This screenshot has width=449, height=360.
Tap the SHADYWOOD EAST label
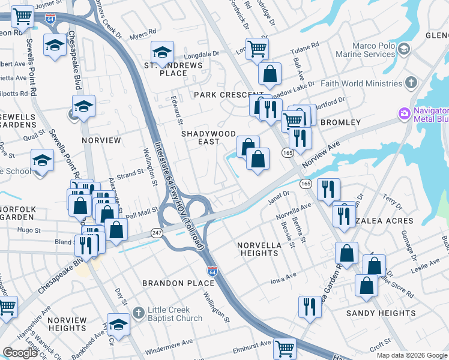click(209, 139)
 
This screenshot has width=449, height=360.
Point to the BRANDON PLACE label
click(170, 283)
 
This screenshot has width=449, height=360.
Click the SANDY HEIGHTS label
click(381, 313)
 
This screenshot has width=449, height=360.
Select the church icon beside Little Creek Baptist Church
click(138, 311)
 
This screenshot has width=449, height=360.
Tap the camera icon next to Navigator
click(403, 113)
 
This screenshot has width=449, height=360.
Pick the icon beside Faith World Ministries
click(411, 82)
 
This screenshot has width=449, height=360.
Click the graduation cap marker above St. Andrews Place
click(162, 52)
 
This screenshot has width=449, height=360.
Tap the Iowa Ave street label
click(283, 278)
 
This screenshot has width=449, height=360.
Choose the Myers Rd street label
click(142, 34)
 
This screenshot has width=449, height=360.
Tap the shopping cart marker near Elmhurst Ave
click(285, 347)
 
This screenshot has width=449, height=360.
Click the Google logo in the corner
click(20, 353)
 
